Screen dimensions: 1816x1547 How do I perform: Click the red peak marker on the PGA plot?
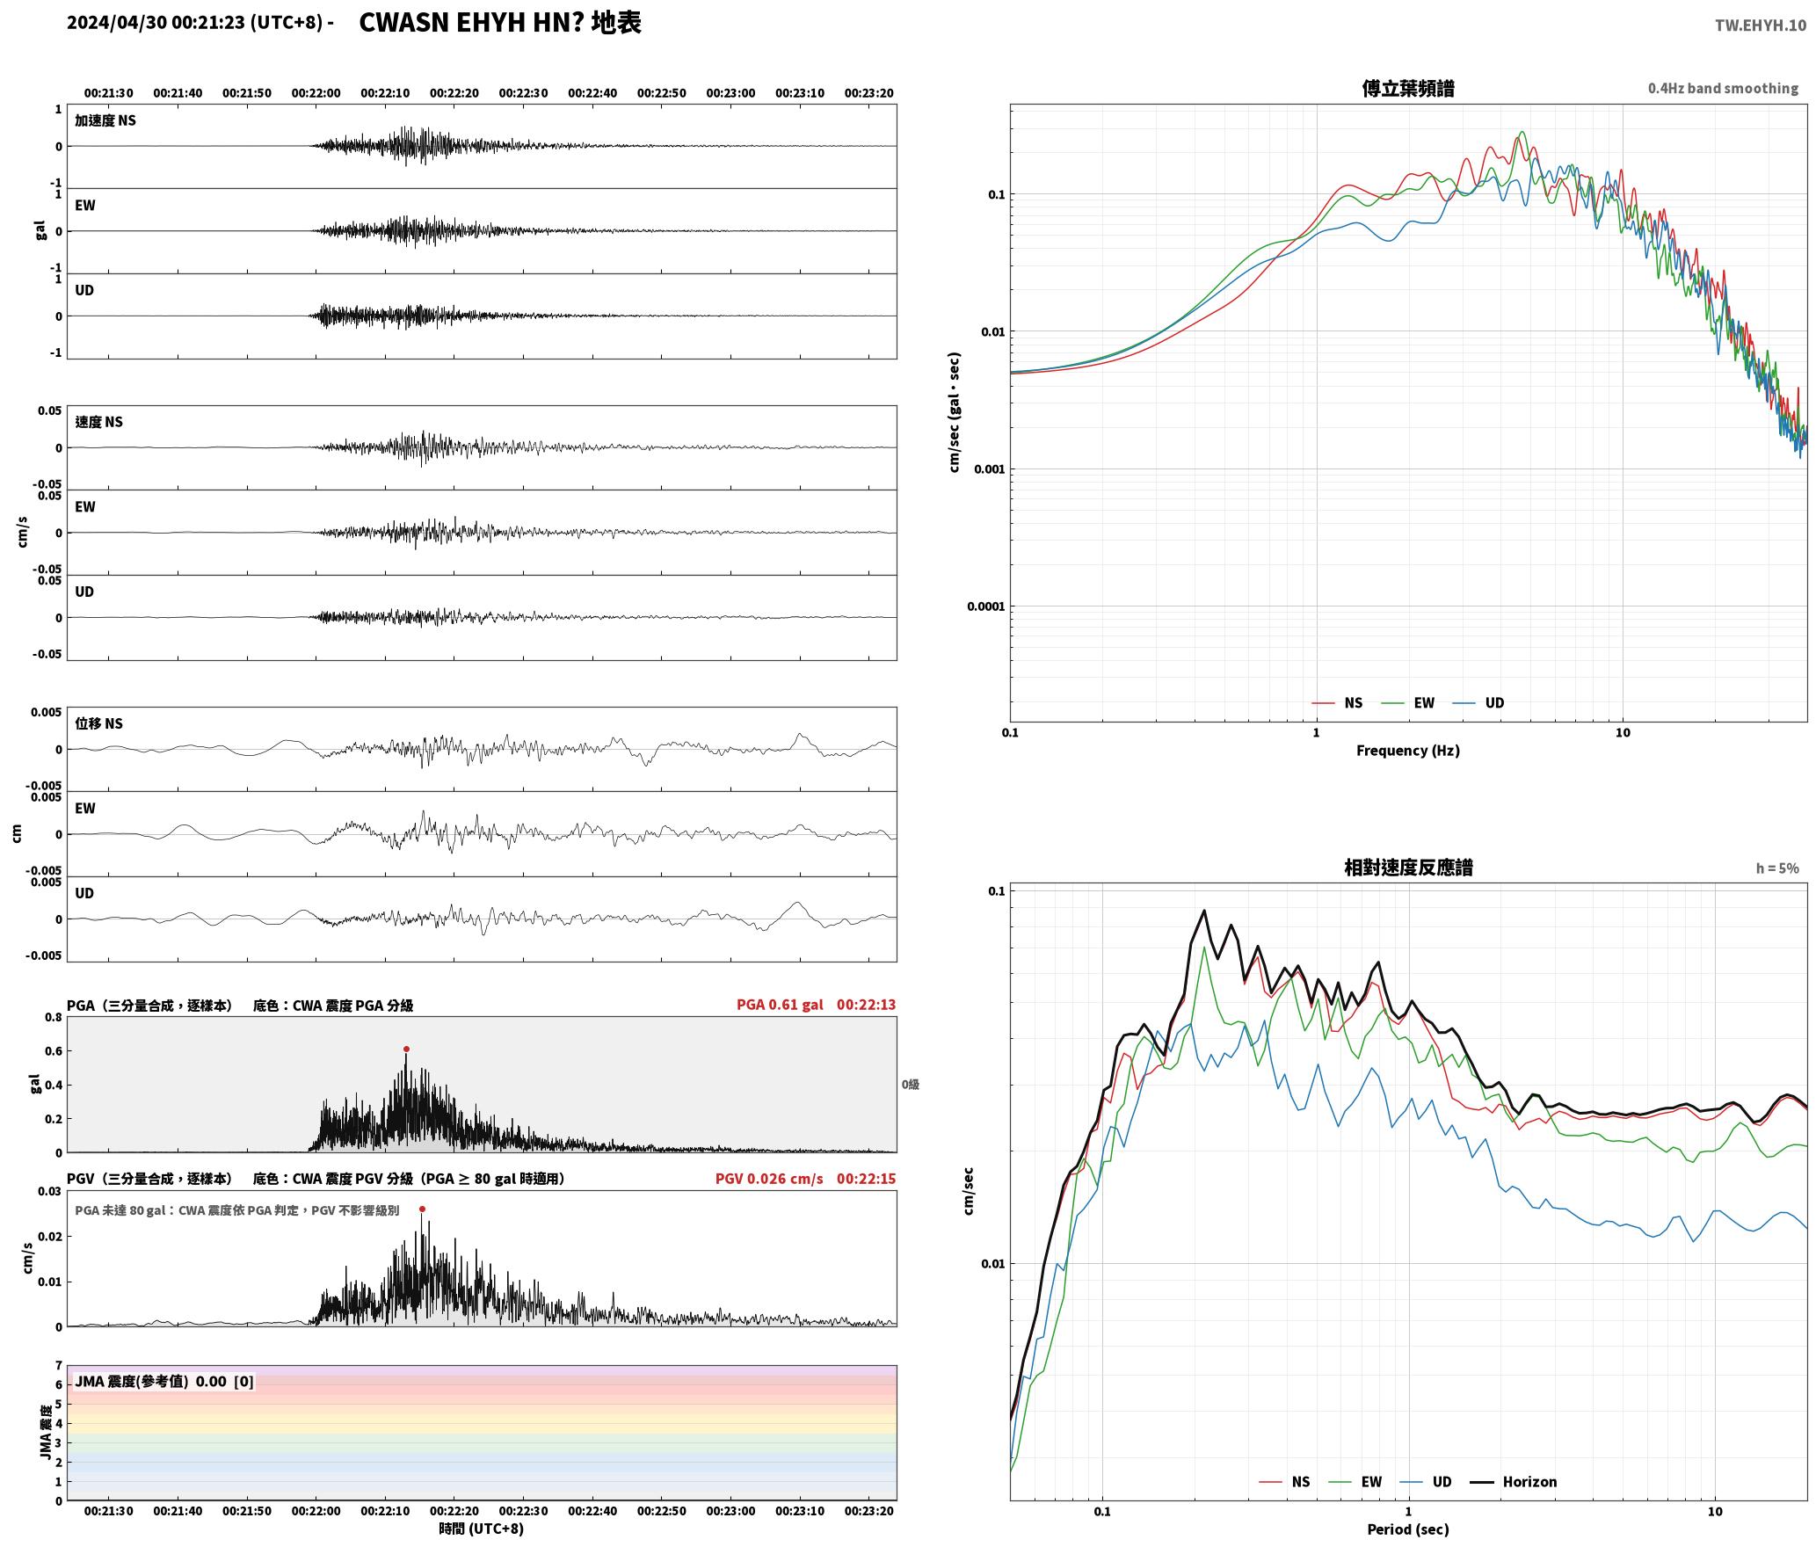pos(406,1049)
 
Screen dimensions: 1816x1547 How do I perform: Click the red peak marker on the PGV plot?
pos(422,1209)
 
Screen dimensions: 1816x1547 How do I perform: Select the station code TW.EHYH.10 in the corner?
pos(1760,25)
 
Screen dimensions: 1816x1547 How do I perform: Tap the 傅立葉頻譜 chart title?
pos(1408,89)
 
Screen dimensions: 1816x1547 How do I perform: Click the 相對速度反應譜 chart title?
pos(1408,868)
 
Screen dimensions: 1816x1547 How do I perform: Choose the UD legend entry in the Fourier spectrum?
pos(1478,703)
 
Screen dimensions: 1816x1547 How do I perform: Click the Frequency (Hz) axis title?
pos(1408,751)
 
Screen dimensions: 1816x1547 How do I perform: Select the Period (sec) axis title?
pos(1408,1529)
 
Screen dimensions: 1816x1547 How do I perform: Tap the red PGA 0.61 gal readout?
pos(780,1005)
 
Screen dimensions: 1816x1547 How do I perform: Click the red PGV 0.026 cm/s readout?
pos(769,1179)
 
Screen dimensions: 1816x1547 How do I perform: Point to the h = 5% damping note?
pos(1777,868)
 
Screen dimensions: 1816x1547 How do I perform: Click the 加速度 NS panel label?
pos(105,120)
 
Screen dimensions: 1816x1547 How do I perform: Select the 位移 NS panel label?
pos(98,723)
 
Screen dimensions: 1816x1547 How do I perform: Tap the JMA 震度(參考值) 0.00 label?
pos(150,1382)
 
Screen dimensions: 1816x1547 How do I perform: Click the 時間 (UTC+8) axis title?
pos(482,1529)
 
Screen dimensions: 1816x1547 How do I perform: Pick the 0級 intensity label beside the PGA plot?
pos(910,1085)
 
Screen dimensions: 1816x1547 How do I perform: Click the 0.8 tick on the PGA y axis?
pos(54,1018)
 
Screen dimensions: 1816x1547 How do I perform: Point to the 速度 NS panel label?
pos(98,422)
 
